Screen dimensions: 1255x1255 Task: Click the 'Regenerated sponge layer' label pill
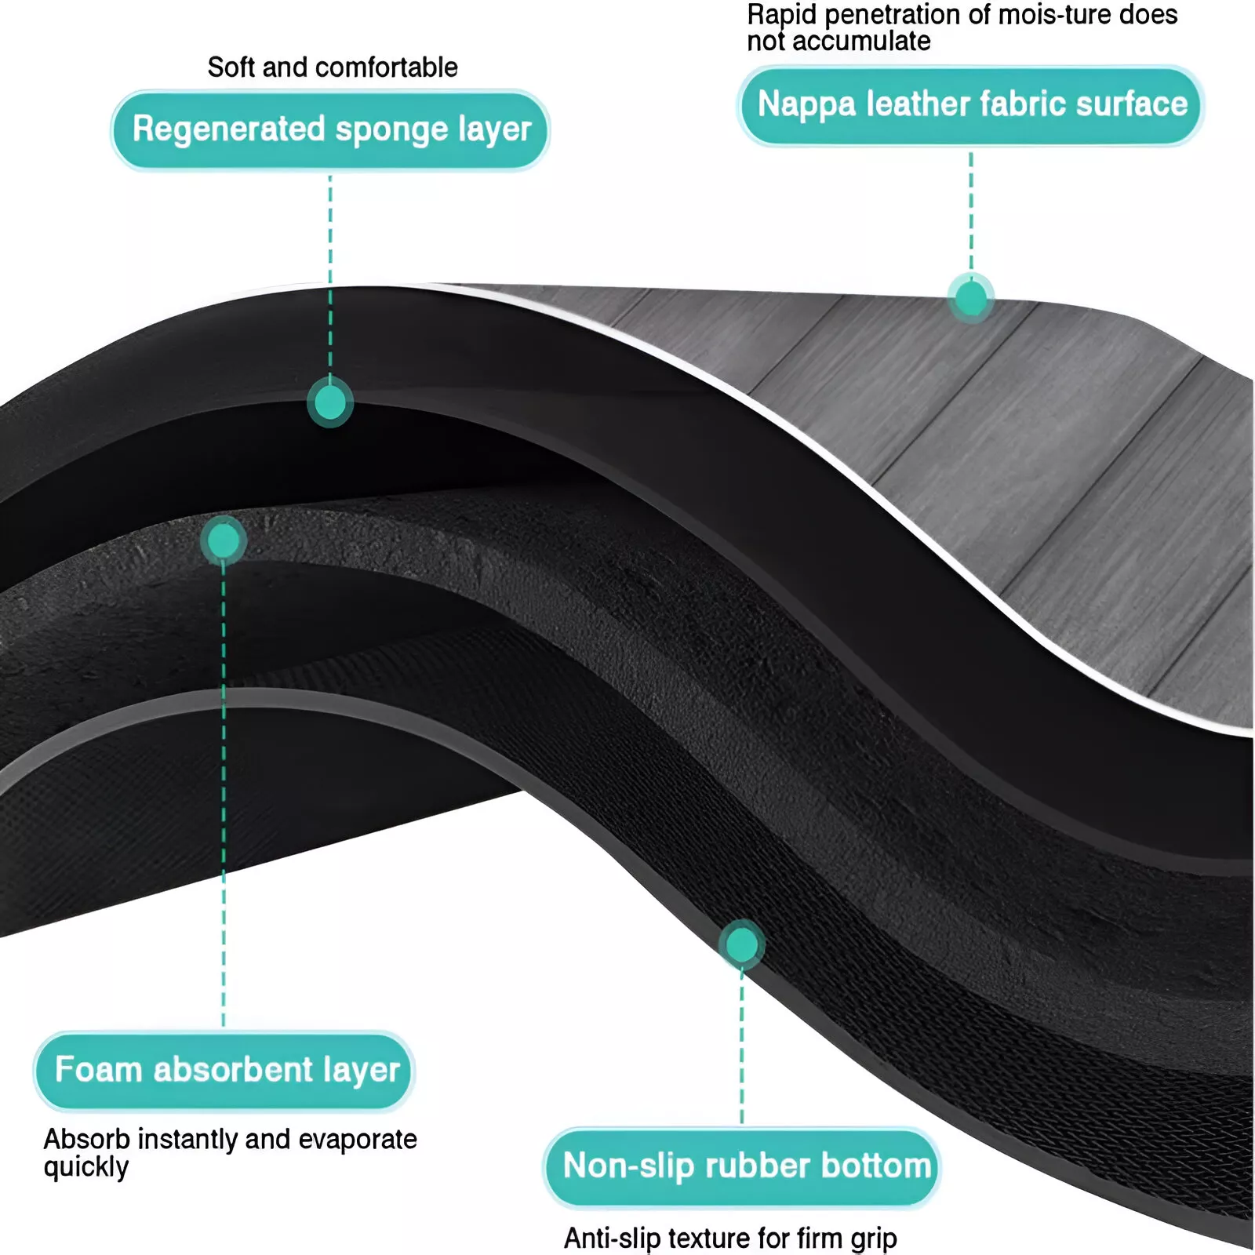coord(330,129)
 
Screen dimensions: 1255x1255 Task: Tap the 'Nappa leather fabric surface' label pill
coord(970,105)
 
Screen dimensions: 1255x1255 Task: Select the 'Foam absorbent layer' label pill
coord(224,1070)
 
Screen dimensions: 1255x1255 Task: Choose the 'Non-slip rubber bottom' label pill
coord(742,1166)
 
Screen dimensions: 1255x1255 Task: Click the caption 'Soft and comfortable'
coord(333,67)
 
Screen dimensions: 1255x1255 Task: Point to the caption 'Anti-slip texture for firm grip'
coord(730,1238)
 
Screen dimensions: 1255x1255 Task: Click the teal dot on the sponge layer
coord(330,403)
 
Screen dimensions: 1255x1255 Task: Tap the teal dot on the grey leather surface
coord(971,298)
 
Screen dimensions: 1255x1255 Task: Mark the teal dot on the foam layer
coord(224,540)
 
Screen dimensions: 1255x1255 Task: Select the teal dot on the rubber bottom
coord(741,944)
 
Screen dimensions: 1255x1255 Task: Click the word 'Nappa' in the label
coord(806,105)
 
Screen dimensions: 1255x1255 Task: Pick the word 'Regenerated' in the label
coord(228,129)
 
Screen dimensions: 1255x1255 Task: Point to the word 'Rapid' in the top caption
coord(781,15)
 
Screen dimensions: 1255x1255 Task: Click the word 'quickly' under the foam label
coord(86,1167)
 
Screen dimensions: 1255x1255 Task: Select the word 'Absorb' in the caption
coord(87,1139)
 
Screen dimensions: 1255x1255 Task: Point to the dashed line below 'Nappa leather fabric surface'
coord(971,212)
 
